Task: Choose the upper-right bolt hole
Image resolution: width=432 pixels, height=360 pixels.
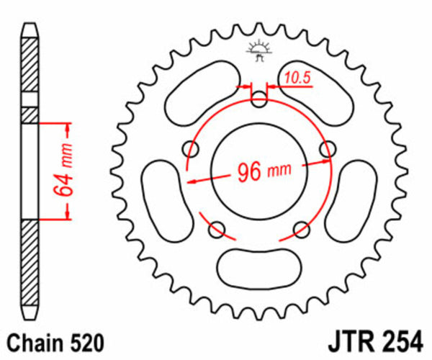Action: click(x=328, y=148)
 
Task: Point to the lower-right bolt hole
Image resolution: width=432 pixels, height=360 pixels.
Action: click(x=301, y=229)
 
